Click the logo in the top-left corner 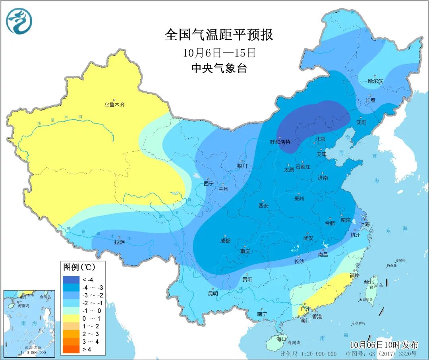pos(19,21)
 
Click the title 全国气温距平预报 pos(219,35)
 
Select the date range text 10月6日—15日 pos(219,52)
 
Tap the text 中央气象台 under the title pos(219,68)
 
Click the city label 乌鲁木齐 pos(114,105)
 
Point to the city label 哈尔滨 pos(375,81)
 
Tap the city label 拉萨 pos(120,242)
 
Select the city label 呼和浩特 pos(280,141)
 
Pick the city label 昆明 pos(213,294)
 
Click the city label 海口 pos(281,339)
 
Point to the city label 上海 pos(365,224)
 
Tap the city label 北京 pos(320,139)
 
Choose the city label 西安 pos(263,205)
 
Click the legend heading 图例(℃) pos(78,266)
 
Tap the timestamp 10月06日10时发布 pos(384,344)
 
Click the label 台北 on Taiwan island pos(368,282)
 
